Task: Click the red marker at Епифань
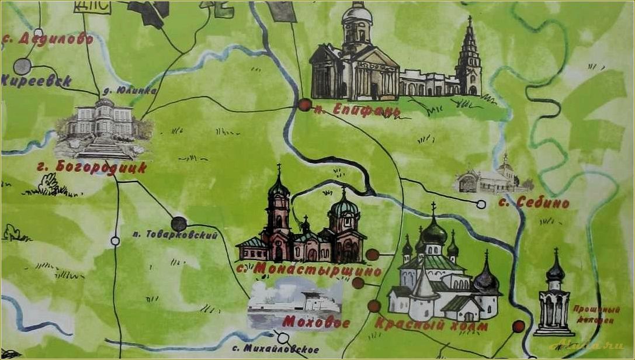click(304, 105)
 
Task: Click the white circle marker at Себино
click(481, 204)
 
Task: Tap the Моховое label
click(316, 323)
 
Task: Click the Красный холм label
click(431, 326)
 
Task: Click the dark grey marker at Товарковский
click(179, 224)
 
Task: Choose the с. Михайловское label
click(275, 349)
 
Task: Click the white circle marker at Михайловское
click(283, 338)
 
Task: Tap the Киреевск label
click(36, 81)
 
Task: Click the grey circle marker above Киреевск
click(22, 66)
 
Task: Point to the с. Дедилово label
click(48, 39)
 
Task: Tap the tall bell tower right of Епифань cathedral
click(469, 58)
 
